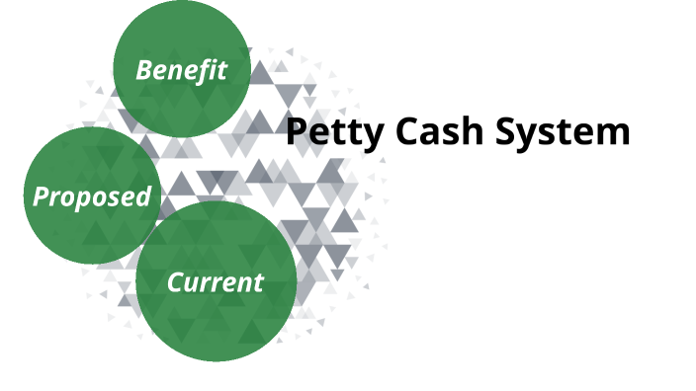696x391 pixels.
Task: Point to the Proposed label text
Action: pyautogui.click(x=92, y=195)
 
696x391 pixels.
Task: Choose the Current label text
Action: pyautogui.click(x=216, y=282)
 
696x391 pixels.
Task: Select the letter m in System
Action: pyautogui.click(x=614, y=133)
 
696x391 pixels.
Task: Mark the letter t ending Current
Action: pyautogui.click(x=259, y=282)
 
